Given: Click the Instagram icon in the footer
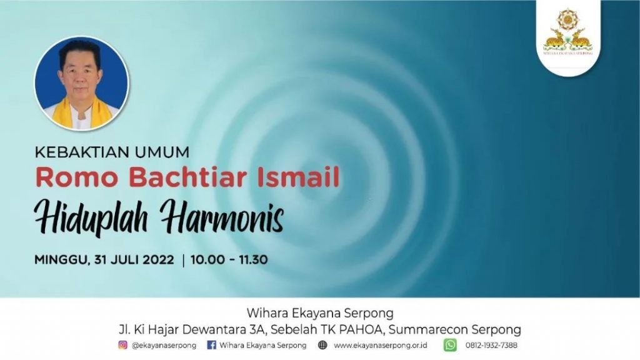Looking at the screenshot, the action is click(x=123, y=345).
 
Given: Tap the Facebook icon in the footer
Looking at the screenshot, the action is click(x=211, y=345).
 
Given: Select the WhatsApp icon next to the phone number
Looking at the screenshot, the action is click(x=450, y=345).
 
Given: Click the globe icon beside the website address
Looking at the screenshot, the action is click(x=322, y=345).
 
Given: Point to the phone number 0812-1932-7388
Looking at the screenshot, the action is click(x=491, y=345).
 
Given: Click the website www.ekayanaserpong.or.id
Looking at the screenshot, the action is click(x=381, y=345).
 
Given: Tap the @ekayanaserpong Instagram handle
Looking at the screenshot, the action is click(x=164, y=345).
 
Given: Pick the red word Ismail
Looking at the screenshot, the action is click(x=298, y=177).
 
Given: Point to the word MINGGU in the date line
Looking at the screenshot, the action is click(x=62, y=260).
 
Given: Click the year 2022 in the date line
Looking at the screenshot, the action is click(x=158, y=259).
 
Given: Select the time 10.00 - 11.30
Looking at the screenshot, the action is click(x=229, y=259).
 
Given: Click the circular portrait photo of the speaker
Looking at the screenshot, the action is click(x=82, y=84).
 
